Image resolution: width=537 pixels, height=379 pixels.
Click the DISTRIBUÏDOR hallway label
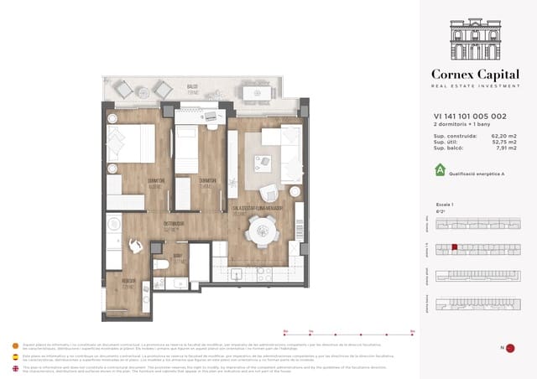click(x=173, y=223)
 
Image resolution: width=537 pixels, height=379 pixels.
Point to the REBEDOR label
click(x=128, y=281)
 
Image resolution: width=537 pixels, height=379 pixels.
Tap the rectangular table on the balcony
click(x=261, y=89)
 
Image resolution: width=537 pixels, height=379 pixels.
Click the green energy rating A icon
click(x=439, y=170)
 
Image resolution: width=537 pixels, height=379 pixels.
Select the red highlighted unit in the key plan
click(x=454, y=247)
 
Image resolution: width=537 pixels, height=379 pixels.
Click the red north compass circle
click(x=509, y=348)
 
